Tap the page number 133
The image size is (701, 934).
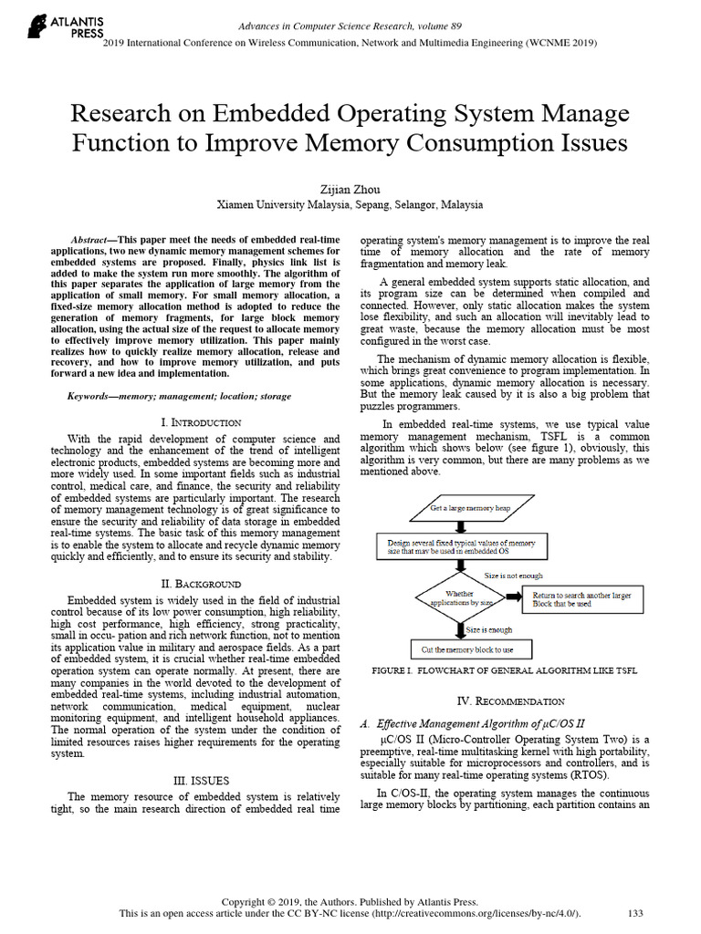click(636, 912)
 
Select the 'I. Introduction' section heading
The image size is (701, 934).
click(201, 422)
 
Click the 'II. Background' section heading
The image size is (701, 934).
click(201, 583)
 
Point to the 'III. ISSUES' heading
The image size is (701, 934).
click(201, 781)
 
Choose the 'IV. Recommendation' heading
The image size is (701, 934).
click(510, 700)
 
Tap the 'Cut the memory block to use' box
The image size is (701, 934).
click(460, 649)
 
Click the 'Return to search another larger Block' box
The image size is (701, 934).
click(581, 599)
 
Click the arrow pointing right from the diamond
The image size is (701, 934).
click(512, 599)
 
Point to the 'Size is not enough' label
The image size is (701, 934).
click(513, 576)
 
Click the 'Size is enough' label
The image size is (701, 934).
click(489, 629)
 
